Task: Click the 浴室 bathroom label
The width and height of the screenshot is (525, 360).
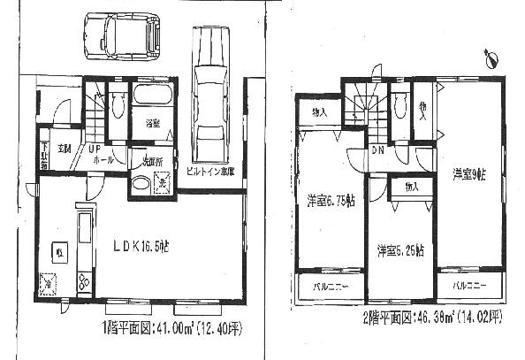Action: coord(152,124)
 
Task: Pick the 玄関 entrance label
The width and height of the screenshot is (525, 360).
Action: coord(64,148)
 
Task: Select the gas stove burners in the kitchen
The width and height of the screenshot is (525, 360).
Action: coord(86,281)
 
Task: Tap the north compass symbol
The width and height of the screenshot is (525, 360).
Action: coord(491,60)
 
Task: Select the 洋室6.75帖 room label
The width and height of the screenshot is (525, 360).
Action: coord(331,202)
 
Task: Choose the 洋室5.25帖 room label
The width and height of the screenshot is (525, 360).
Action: coord(399,249)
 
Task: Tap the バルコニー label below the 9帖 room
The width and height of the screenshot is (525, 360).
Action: coord(469,287)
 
